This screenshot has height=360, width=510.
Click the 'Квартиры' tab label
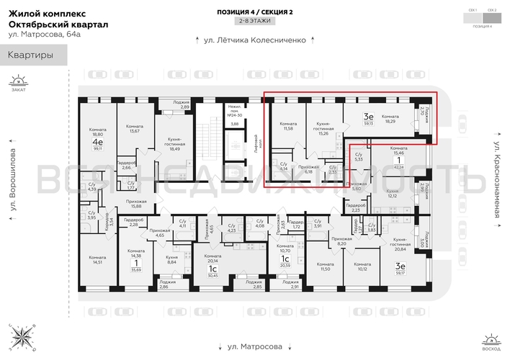click(x=31, y=55)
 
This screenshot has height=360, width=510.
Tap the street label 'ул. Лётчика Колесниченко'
click(x=250, y=40)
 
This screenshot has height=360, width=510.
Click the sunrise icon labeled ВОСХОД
click(x=491, y=340)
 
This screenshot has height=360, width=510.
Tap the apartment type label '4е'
click(x=97, y=143)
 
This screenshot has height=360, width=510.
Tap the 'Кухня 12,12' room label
click(x=393, y=194)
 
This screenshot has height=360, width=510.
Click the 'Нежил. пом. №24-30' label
click(x=233, y=111)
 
